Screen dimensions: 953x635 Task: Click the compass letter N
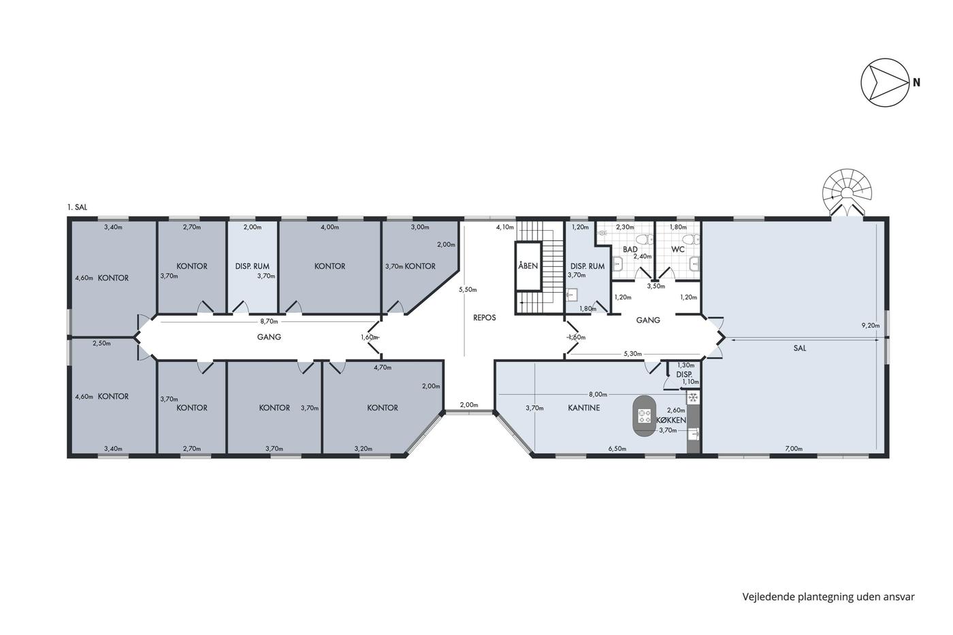[x=916, y=82]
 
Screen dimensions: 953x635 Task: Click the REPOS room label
[x=485, y=318]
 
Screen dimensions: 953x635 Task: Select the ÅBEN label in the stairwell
[x=528, y=266]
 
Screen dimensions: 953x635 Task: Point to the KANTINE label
[x=584, y=408]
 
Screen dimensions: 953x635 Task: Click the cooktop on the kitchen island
[x=644, y=416]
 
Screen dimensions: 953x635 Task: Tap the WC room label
[x=678, y=249]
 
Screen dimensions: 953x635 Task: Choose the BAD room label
[x=630, y=249]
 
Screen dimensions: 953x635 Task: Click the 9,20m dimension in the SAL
[x=871, y=325]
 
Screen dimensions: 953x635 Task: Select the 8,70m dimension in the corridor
[x=270, y=321]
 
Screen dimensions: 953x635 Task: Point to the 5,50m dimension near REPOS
[x=468, y=290]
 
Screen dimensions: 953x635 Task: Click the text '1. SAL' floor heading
[x=77, y=208]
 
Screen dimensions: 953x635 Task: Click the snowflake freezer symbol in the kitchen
[x=693, y=398]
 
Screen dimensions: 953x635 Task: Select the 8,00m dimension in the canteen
[x=598, y=394]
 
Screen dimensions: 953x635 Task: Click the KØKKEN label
[x=671, y=420]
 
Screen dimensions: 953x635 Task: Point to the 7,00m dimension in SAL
[x=794, y=449]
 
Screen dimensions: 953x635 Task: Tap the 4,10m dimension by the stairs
[x=505, y=227]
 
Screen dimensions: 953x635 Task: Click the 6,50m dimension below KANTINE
[x=617, y=449]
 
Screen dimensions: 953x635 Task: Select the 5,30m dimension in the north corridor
[x=632, y=354]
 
